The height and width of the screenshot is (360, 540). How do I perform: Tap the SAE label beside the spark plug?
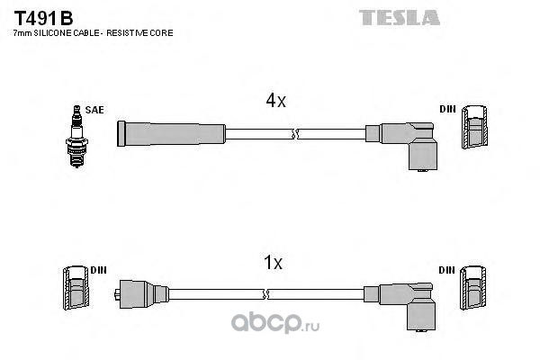94,110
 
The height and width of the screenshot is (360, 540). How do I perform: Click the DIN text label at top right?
447,110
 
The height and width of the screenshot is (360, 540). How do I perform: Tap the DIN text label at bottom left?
99,270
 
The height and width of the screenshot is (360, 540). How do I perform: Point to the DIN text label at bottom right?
447,270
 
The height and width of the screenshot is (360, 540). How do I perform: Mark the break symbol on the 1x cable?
267,294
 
